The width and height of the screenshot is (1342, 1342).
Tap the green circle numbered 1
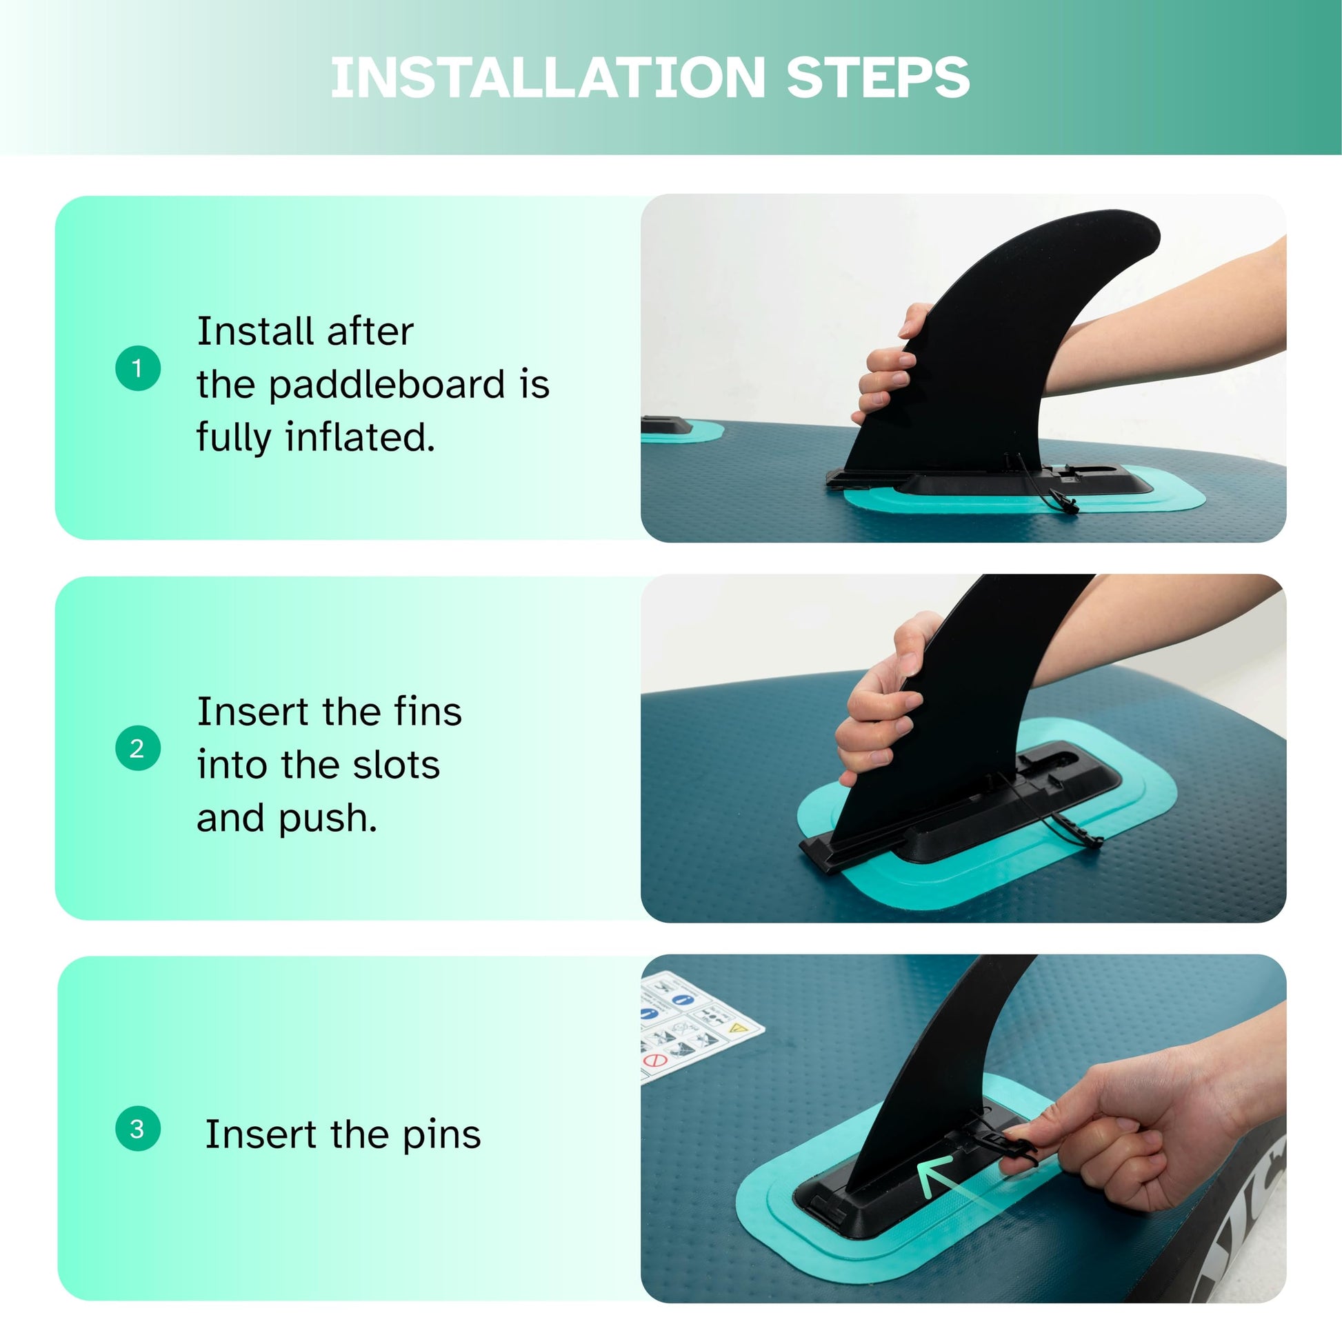pos(137,368)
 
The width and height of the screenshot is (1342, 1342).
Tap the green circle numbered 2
pos(137,748)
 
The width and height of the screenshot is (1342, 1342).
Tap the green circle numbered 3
pos(137,1129)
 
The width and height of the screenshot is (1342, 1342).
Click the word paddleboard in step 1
pos(386,386)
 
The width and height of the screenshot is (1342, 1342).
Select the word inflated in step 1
pos(360,438)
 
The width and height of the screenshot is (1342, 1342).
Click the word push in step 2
pos(328,820)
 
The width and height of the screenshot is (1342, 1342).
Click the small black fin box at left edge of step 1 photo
pos(664,424)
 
